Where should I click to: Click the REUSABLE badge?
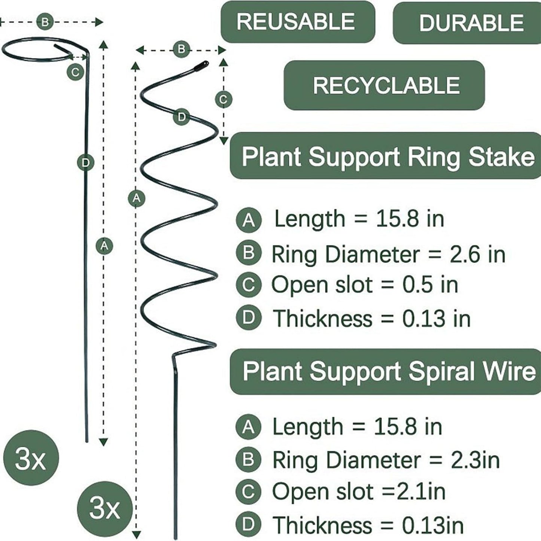click(297, 22)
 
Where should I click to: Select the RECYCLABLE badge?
click(385, 85)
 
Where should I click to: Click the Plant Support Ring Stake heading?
click(387, 156)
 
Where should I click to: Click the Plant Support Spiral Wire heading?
click(388, 371)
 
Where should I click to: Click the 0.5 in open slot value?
click(430, 285)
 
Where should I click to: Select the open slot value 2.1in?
click(421, 491)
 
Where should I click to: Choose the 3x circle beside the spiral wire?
click(105, 508)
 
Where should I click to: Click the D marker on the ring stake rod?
click(86, 162)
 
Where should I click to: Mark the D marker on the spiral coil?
click(181, 117)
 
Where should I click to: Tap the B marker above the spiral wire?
click(181, 49)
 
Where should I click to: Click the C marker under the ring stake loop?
click(75, 72)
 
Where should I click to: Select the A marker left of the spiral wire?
click(136, 198)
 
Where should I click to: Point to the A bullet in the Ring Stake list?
click(249, 220)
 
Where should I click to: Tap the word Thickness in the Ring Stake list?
click(323, 319)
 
